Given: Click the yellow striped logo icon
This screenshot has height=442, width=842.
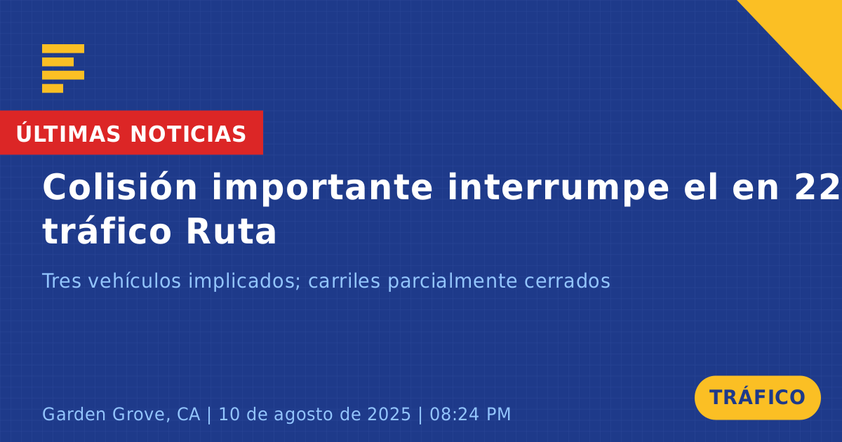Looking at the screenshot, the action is (63, 69).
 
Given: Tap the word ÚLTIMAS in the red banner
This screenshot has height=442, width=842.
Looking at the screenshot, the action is (68, 133).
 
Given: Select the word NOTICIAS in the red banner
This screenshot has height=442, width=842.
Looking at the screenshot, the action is (188, 134).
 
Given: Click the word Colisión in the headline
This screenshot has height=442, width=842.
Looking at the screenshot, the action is (119, 187).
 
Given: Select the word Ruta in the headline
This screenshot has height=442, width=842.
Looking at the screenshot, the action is (231, 231).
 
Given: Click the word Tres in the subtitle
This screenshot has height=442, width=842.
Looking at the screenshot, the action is (62, 281).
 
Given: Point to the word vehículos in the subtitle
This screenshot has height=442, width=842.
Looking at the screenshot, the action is (135, 281).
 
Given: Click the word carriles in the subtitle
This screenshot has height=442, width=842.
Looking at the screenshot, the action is (344, 281).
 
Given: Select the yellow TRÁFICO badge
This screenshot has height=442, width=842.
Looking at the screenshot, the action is (757, 398).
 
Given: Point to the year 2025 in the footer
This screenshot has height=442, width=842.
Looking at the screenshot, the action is (389, 414).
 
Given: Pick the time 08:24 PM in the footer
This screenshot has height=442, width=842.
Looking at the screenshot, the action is (470, 414).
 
